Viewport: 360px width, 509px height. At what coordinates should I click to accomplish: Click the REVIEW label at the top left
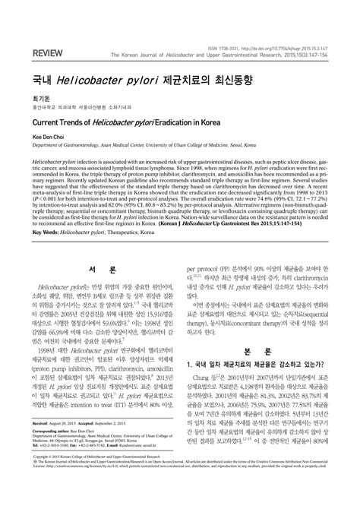click(27, 54)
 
